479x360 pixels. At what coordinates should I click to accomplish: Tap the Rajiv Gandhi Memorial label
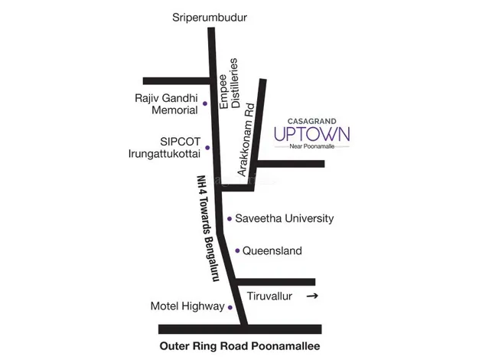[x=166, y=104]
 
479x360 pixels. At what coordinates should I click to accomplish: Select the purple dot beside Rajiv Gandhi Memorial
[x=204, y=103]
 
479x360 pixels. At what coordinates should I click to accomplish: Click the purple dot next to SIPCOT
[x=207, y=147]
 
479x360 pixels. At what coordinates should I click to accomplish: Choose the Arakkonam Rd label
[x=247, y=142]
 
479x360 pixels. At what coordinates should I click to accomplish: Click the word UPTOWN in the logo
[x=311, y=135]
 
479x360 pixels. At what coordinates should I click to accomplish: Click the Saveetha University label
[x=284, y=218]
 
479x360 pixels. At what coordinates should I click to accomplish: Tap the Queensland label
[x=272, y=250]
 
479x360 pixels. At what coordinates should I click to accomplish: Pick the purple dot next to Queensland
[x=238, y=250]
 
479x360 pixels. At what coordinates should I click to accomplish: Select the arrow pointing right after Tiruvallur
[x=311, y=296]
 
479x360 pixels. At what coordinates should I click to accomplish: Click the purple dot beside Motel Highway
[x=230, y=307]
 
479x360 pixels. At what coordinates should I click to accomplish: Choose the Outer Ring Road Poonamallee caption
[x=239, y=345]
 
